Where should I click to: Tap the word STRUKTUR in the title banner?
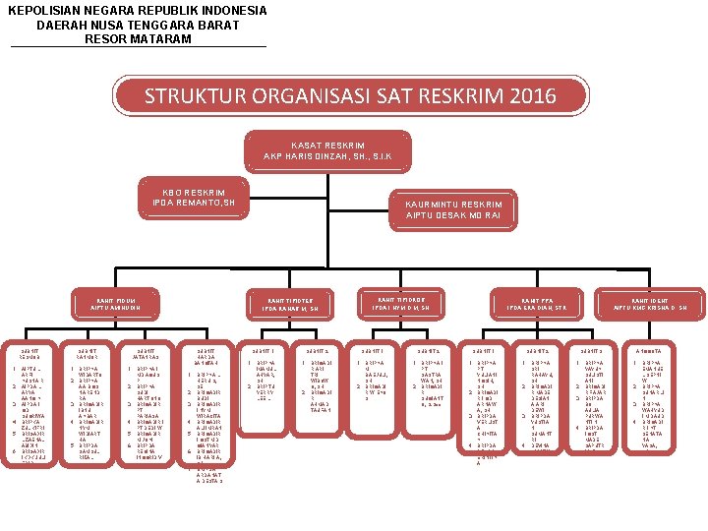coord(192,96)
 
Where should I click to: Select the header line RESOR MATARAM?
coord(138,38)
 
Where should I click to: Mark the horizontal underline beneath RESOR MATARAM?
coord(138,46)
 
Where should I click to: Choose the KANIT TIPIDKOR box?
coord(407,303)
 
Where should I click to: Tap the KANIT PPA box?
coord(538,303)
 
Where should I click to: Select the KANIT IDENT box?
coord(657,303)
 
